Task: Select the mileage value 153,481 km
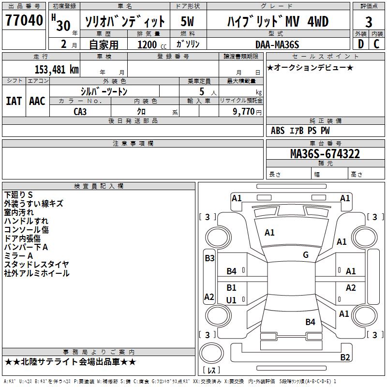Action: (57, 69)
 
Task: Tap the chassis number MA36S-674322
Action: (325, 154)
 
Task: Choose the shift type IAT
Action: (14, 101)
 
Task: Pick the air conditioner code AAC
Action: (37, 101)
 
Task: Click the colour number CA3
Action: (80, 111)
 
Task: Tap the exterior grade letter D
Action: (360, 45)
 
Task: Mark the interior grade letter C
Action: (377, 45)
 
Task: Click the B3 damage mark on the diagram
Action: (209, 258)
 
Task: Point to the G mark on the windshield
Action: (306, 255)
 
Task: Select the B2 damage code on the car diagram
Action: (345, 357)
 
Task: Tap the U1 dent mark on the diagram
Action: (232, 300)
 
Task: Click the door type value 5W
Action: (187, 21)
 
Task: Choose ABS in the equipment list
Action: (278, 131)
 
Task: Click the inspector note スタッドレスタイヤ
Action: (37, 264)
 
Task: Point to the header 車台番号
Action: (325, 144)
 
